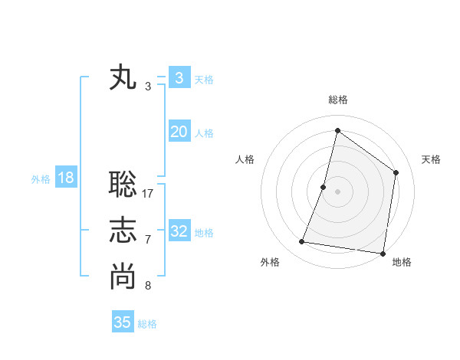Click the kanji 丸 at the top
coord(123,78)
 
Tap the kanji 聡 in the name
coord(123,184)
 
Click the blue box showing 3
coord(179,78)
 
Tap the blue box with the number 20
coord(179,132)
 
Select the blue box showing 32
coord(179,231)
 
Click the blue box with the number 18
coord(66,178)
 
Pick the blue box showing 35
coord(123,322)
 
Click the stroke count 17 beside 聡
coord(148,193)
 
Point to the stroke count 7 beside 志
coord(148,240)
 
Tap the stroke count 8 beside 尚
coord(148,286)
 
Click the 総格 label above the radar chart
coord(337,100)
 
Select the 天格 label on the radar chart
coord(431,159)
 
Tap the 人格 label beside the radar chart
coord(245,159)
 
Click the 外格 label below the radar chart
coord(270,262)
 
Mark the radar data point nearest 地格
coord(383,253)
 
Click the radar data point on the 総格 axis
coord(337,130)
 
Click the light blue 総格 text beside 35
coord(148,324)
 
